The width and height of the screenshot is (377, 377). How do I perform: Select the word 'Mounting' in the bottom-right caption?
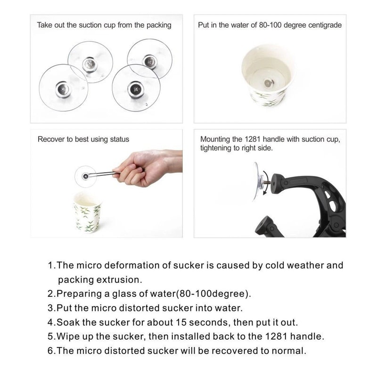click(215, 139)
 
